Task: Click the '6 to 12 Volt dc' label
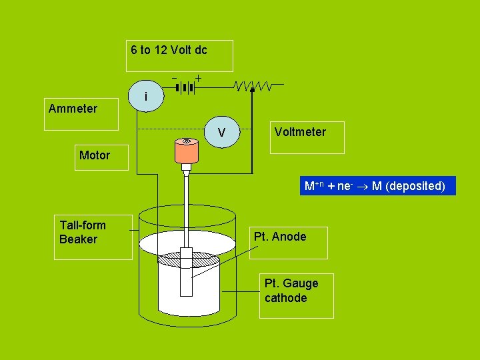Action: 169,50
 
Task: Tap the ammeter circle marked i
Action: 145,97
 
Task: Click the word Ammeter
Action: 73,109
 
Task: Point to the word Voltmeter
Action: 300,132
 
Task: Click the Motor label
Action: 95,155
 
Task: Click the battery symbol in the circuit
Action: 186,87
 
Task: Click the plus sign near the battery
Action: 198,79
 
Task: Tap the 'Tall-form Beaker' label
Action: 83,232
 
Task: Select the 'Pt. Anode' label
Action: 280,237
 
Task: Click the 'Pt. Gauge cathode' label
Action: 291,291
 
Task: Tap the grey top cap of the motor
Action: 187,141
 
